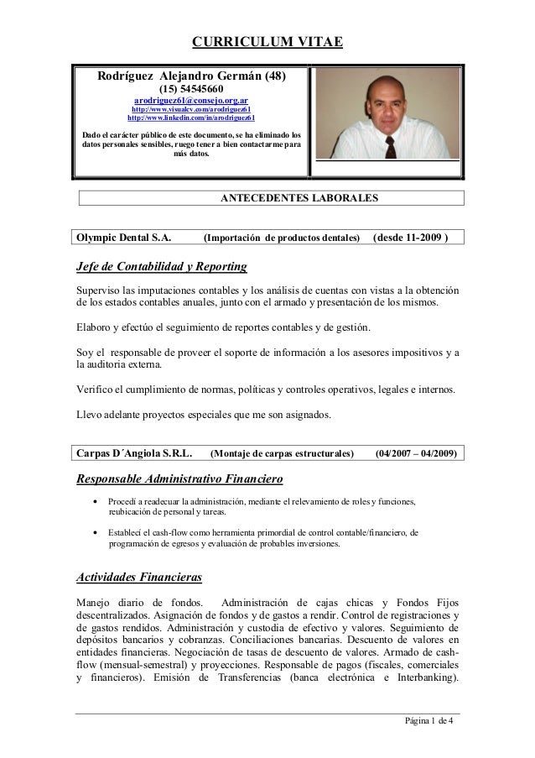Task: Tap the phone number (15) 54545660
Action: [x=192, y=91]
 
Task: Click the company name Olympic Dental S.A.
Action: [x=125, y=238]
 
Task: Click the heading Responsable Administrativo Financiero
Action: [x=179, y=480]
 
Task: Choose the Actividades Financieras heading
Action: [x=140, y=578]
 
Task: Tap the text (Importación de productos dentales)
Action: [x=282, y=238]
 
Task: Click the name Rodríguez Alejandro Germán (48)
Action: [x=192, y=76]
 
